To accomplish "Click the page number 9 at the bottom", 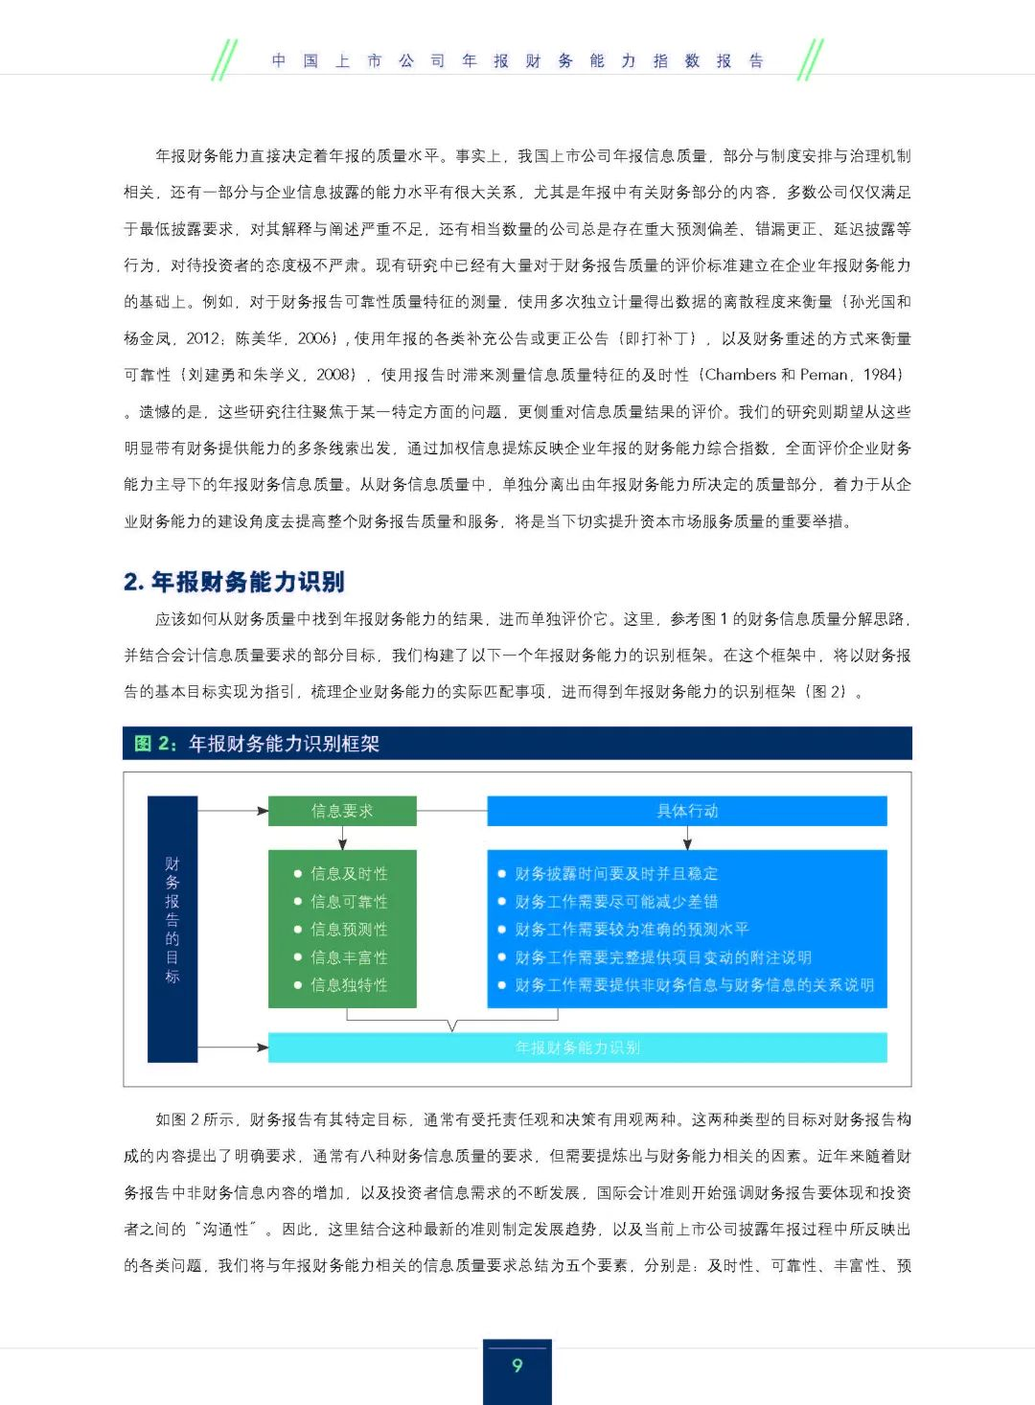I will (x=517, y=1365).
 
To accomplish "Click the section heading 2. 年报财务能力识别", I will (x=234, y=582).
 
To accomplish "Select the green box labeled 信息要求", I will (x=342, y=811).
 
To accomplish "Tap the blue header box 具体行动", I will (x=686, y=811).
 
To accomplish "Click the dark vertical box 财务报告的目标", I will (x=172, y=928).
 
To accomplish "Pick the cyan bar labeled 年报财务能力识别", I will (x=577, y=1048).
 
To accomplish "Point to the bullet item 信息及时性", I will (x=349, y=874).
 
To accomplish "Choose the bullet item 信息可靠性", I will (x=349, y=902).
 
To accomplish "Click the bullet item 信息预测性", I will (x=349, y=930).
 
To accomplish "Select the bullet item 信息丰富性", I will (x=349, y=957).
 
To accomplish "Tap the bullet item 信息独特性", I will (x=349, y=985).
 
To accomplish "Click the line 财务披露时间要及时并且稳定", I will (x=616, y=874).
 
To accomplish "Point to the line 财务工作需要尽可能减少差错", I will (x=616, y=902).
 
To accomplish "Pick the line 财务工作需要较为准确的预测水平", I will (x=632, y=930).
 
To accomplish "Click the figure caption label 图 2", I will (x=154, y=744).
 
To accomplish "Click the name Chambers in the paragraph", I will (x=740, y=375).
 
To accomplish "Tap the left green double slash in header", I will (x=223, y=60).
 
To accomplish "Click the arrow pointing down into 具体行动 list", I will (x=687, y=840).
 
